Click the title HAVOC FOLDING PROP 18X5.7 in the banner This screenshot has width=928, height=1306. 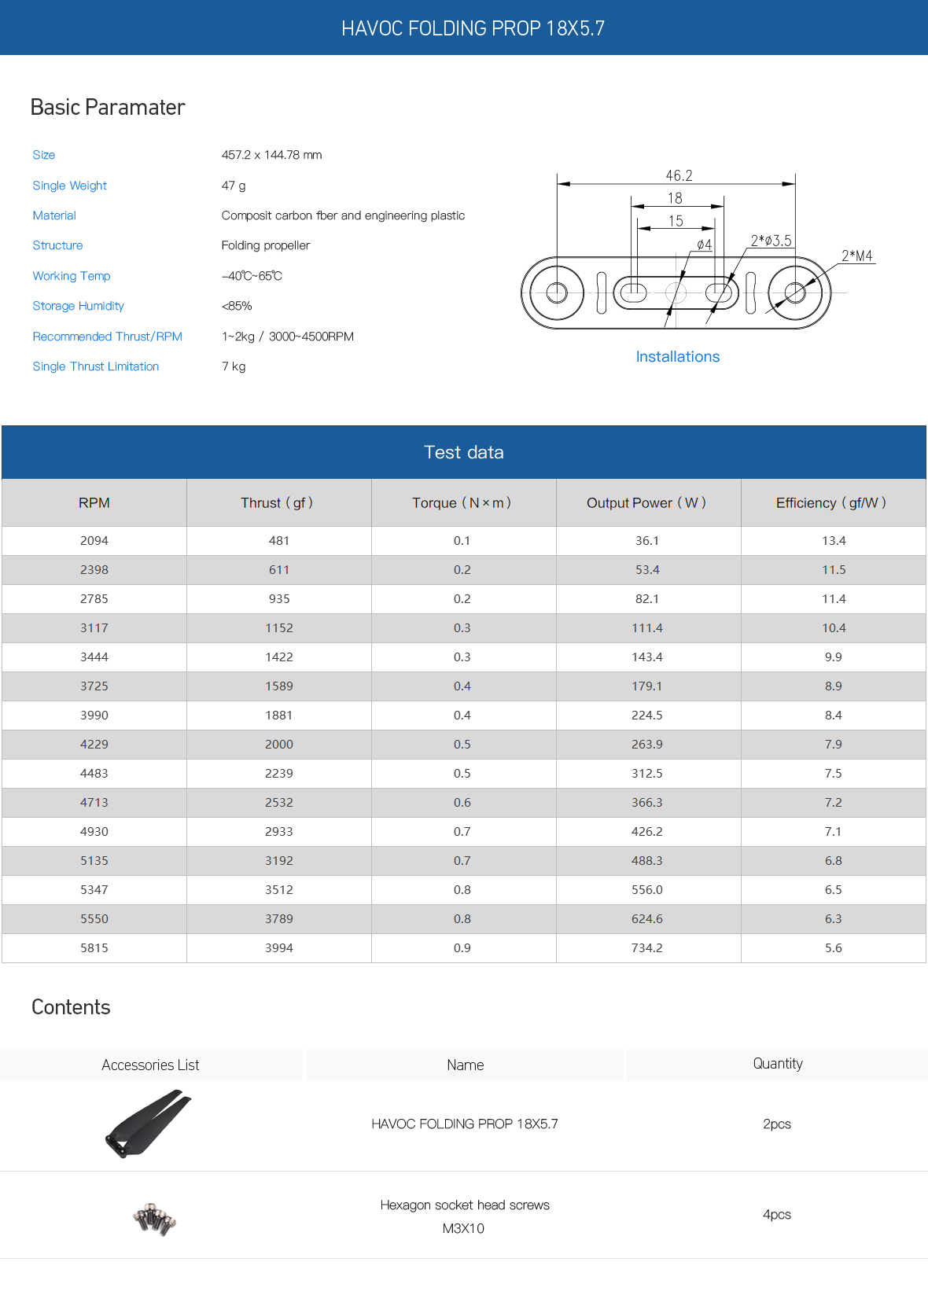(x=473, y=28)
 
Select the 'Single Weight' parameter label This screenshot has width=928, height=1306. (x=69, y=186)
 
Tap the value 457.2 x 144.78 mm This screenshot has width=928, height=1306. (x=271, y=155)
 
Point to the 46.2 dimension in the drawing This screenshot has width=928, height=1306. (x=679, y=175)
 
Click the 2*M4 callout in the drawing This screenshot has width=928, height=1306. (x=856, y=256)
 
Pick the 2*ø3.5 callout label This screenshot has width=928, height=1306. (x=771, y=241)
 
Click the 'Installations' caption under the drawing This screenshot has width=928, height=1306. (x=677, y=356)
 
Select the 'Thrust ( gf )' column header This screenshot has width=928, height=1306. (x=277, y=502)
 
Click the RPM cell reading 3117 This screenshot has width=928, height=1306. (x=94, y=627)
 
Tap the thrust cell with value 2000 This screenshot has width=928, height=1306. (x=278, y=744)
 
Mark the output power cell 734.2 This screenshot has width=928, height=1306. (x=646, y=947)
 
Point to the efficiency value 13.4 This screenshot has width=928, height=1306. (x=833, y=540)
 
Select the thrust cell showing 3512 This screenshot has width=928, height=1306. (x=278, y=889)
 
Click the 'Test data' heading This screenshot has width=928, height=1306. (x=463, y=452)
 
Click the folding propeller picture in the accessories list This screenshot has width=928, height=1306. (x=149, y=1123)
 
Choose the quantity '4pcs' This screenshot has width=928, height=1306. (x=776, y=1214)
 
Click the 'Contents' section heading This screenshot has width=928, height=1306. (x=71, y=1007)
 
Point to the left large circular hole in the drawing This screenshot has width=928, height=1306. (x=557, y=292)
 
